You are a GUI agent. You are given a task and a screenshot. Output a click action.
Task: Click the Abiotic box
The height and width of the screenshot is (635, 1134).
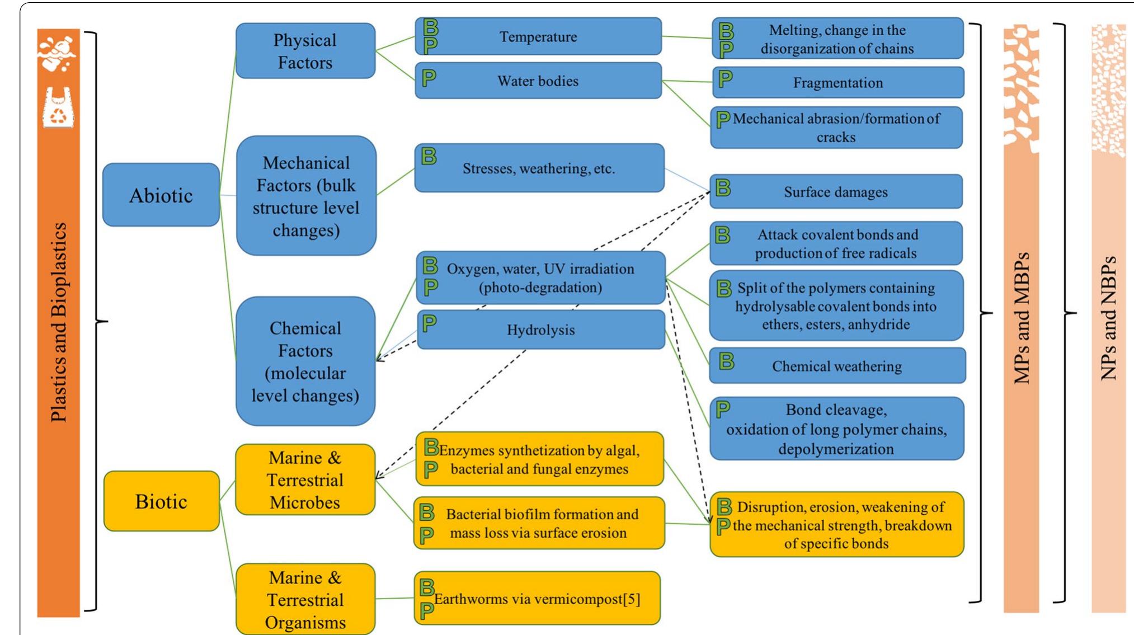coord(161,195)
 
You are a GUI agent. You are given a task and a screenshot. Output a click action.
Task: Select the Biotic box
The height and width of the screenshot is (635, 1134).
coord(161,501)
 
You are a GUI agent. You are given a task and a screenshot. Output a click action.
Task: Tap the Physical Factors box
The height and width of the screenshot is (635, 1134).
coord(305,51)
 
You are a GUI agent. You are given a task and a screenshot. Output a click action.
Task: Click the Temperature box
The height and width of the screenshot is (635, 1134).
coord(538,37)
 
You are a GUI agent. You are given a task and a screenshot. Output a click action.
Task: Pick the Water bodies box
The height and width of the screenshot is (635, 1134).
coord(538,81)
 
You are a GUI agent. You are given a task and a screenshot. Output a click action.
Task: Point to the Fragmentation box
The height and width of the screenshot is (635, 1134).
coord(837,83)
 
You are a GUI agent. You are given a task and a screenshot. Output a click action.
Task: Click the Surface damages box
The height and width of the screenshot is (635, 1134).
coord(835,192)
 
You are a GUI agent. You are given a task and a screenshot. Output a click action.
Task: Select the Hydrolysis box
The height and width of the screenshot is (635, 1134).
coord(540,330)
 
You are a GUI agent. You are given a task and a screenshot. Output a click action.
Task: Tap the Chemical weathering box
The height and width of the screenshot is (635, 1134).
coord(837,366)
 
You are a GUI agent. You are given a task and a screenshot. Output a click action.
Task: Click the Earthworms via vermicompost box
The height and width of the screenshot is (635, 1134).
coord(537,599)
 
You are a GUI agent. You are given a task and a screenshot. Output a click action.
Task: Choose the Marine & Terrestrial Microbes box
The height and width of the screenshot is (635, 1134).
coord(305,480)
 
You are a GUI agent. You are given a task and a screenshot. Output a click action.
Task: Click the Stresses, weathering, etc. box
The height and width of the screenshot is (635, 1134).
coord(539,168)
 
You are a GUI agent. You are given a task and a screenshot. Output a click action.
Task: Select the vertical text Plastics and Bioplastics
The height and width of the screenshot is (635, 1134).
coord(59,322)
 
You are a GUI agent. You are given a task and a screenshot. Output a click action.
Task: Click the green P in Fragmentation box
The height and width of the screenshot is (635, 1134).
coord(726,78)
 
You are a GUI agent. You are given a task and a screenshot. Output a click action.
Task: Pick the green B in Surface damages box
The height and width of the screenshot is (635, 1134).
coord(723,187)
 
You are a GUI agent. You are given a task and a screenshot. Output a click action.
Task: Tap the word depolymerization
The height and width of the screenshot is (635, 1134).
coord(836,449)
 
